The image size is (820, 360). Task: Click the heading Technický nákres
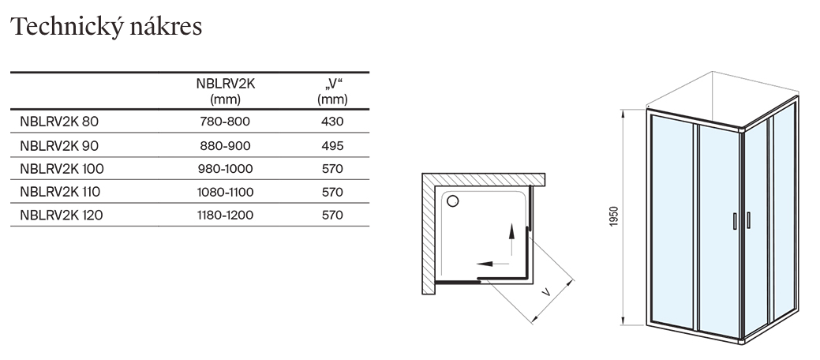point(106,26)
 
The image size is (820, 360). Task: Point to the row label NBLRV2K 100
point(62,168)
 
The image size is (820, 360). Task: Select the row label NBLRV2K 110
point(62,191)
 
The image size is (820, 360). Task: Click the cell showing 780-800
point(225,122)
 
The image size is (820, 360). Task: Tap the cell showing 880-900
point(225,145)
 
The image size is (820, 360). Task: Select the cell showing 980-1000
point(225,168)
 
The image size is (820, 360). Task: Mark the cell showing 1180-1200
point(225,214)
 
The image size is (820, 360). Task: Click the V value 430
point(332,122)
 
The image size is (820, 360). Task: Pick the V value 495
point(332,145)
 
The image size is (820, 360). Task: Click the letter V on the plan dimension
point(545,293)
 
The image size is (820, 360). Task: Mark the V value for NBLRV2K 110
point(332,191)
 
